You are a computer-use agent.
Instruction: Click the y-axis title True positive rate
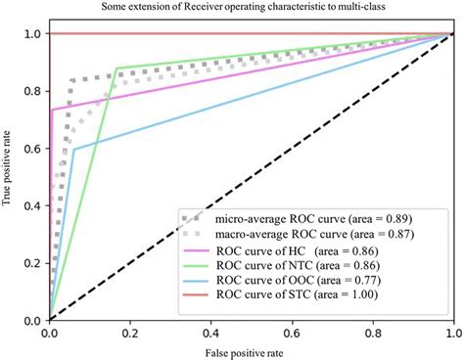coord(10,176)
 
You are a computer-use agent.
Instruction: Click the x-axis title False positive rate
coord(251,350)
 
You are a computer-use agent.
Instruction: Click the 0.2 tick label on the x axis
coord(130,334)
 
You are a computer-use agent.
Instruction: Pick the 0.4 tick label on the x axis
coord(210,334)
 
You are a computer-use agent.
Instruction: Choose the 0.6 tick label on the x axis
coord(291,334)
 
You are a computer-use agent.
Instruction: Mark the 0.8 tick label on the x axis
coord(371,334)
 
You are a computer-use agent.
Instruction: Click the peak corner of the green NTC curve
coord(116,68)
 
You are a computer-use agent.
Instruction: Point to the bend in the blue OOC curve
coord(73,149)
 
